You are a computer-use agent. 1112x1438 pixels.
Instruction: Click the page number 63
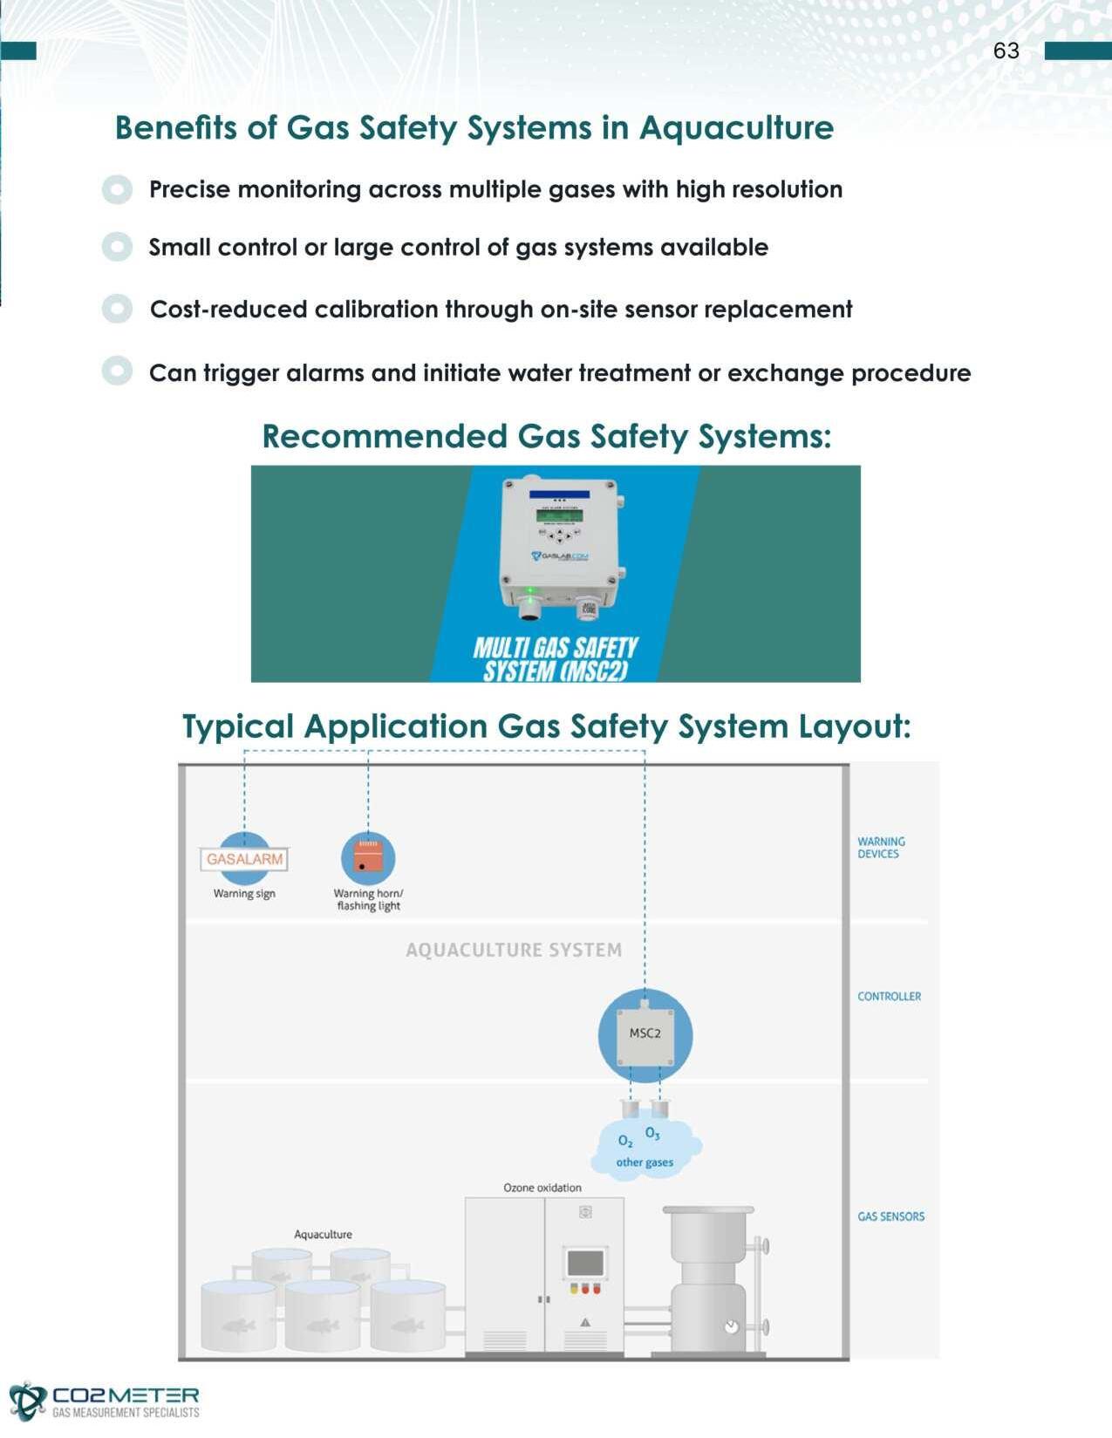pyautogui.click(x=1006, y=51)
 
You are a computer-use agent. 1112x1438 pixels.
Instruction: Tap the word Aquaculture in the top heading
pyautogui.click(x=736, y=128)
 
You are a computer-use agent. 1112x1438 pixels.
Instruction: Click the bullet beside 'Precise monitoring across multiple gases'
pyautogui.click(x=117, y=189)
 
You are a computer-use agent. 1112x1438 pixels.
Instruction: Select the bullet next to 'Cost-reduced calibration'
pyautogui.click(x=117, y=309)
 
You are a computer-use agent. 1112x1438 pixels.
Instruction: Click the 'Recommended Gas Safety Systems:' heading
pyautogui.click(x=547, y=436)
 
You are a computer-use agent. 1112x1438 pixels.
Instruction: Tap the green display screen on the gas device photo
pyautogui.click(x=559, y=515)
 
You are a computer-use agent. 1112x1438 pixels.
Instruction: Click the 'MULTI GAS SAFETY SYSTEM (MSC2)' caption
pyautogui.click(x=556, y=659)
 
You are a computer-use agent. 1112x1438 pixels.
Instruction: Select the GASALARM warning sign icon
pyautogui.click(x=244, y=859)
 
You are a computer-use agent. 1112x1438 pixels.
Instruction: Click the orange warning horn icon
pyautogui.click(x=368, y=858)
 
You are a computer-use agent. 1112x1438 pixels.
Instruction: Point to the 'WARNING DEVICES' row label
pyautogui.click(x=881, y=848)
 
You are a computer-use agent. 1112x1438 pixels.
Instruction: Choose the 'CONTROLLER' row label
pyautogui.click(x=889, y=996)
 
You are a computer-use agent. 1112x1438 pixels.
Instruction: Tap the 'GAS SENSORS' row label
pyautogui.click(x=890, y=1217)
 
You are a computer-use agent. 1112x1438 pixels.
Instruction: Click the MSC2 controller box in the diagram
pyautogui.click(x=645, y=1035)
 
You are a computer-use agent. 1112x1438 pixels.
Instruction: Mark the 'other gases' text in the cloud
pyautogui.click(x=645, y=1162)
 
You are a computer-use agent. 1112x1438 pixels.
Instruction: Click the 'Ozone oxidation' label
pyautogui.click(x=542, y=1188)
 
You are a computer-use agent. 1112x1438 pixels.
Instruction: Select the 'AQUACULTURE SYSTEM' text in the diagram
pyautogui.click(x=514, y=950)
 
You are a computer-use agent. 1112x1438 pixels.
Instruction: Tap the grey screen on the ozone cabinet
pyautogui.click(x=585, y=1263)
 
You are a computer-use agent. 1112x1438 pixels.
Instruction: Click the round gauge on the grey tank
pyautogui.click(x=732, y=1326)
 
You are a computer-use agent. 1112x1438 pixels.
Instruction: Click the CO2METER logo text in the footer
pyautogui.click(x=126, y=1395)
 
